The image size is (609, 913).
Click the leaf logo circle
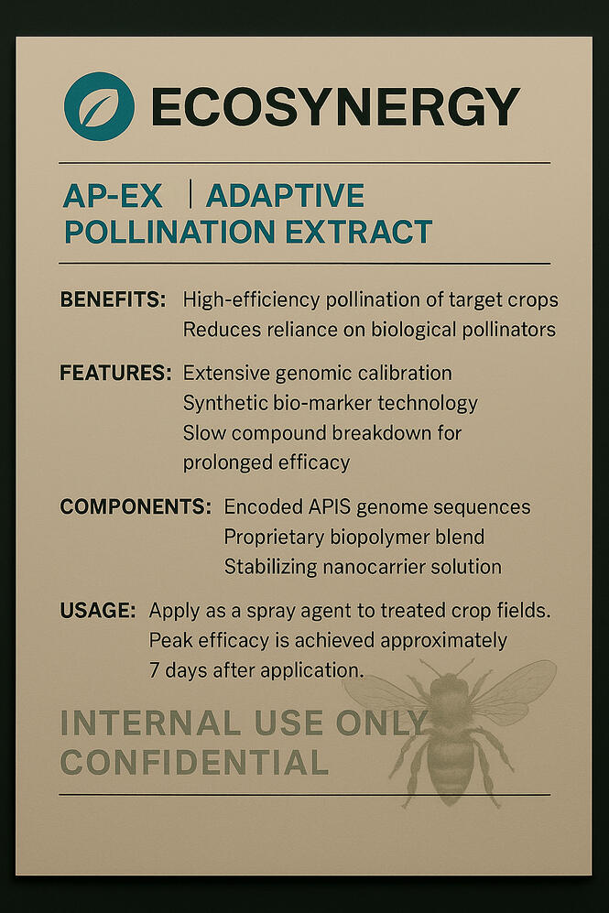(99, 106)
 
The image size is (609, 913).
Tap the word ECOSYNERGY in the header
(334, 107)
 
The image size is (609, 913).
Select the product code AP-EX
(112, 195)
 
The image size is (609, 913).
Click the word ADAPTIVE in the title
(285, 195)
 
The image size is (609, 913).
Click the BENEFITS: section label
(113, 299)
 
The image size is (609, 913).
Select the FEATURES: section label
(115, 374)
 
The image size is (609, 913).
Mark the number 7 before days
(155, 670)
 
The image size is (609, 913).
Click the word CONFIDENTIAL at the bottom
(193, 762)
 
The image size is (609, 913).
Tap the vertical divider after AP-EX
(189, 194)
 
